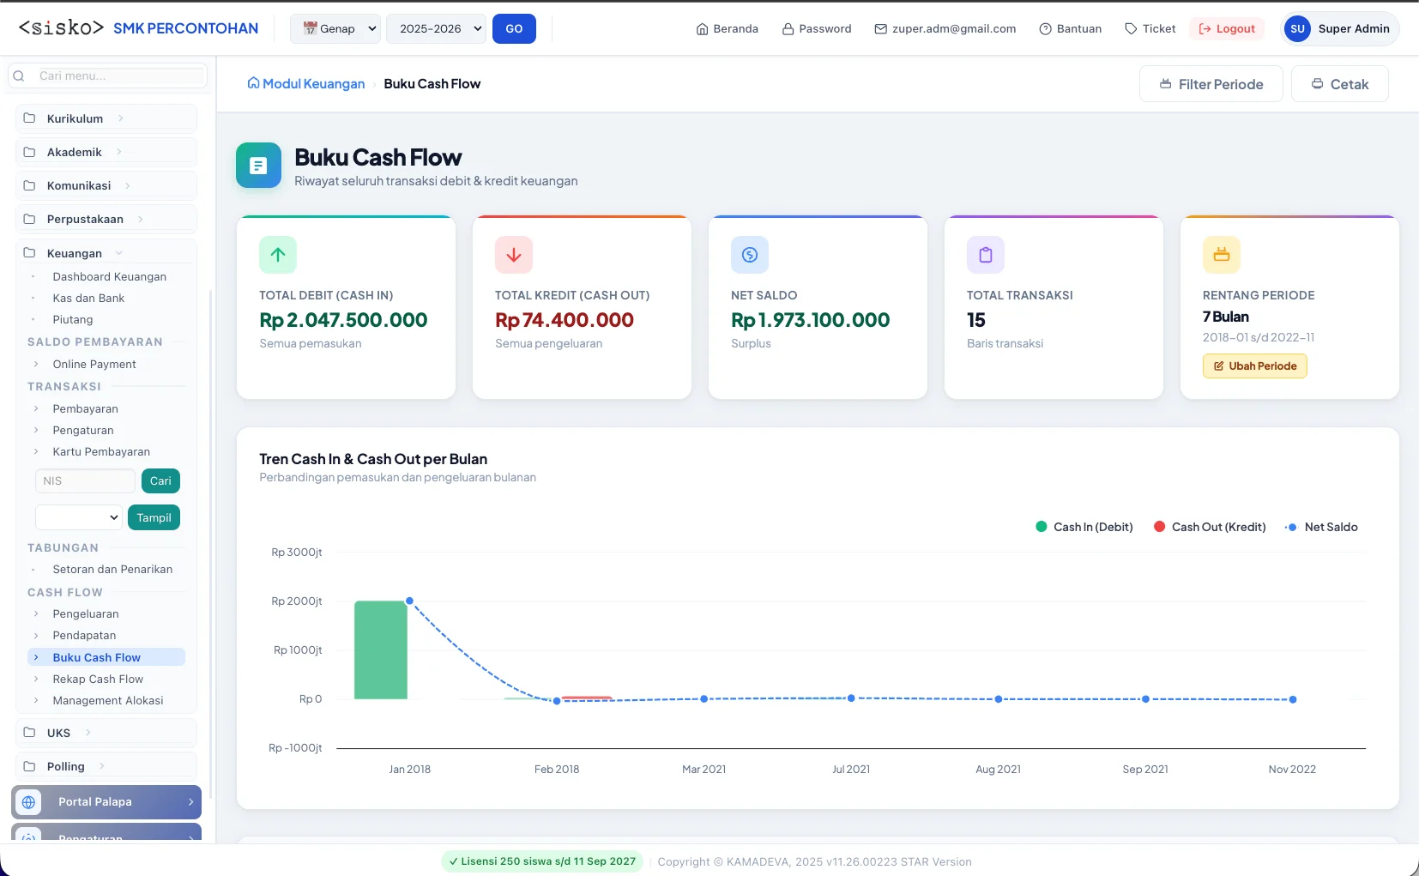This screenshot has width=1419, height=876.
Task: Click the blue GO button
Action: click(514, 28)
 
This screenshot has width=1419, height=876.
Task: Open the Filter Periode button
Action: click(1211, 83)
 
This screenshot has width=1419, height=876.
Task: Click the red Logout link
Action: click(1227, 28)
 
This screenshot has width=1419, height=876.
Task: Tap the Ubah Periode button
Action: click(1254, 366)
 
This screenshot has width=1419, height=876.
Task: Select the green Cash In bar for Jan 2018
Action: click(380, 649)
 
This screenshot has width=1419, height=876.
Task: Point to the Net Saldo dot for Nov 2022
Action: click(1292, 699)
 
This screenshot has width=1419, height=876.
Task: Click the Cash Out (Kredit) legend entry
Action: click(1210, 527)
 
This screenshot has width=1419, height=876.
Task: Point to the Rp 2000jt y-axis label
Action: click(297, 601)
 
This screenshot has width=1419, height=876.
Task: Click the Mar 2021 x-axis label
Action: click(703, 769)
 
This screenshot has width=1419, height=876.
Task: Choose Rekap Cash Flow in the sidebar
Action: click(98, 679)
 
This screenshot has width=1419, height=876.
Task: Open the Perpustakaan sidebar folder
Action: click(85, 219)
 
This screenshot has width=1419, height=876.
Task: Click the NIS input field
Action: click(85, 480)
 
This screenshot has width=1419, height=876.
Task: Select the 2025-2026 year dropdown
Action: click(436, 28)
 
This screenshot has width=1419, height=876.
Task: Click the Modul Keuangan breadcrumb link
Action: click(306, 83)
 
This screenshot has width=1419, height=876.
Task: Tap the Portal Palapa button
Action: click(106, 802)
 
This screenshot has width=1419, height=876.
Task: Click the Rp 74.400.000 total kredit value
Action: click(564, 320)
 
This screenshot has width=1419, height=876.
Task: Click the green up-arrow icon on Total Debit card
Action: click(277, 255)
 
